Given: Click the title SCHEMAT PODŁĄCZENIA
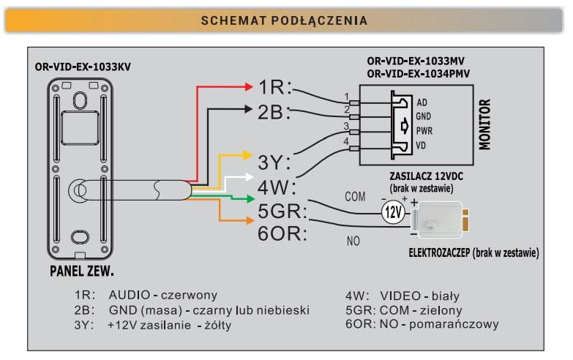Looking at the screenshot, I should pyautogui.click(x=285, y=20).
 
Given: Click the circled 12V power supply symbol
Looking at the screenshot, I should pyautogui.click(x=393, y=213).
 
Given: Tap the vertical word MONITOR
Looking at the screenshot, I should pyautogui.click(x=484, y=124).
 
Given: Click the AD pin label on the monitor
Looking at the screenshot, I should pyautogui.click(x=422, y=102).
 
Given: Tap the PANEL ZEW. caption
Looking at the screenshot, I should pyautogui.click(x=81, y=272).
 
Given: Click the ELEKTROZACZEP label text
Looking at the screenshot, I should pyautogui.click(x=438, y=253).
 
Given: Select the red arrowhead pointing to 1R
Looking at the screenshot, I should pyautogui.click(x=248, y=86).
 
